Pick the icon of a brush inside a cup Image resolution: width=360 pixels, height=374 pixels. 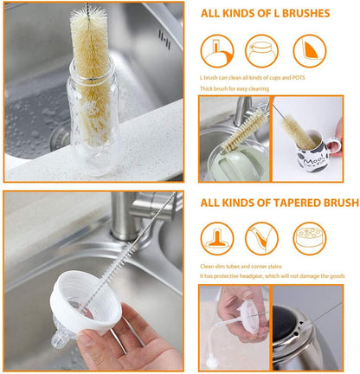(x=216, y=51)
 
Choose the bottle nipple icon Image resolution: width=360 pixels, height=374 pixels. (x=216, y=238)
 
